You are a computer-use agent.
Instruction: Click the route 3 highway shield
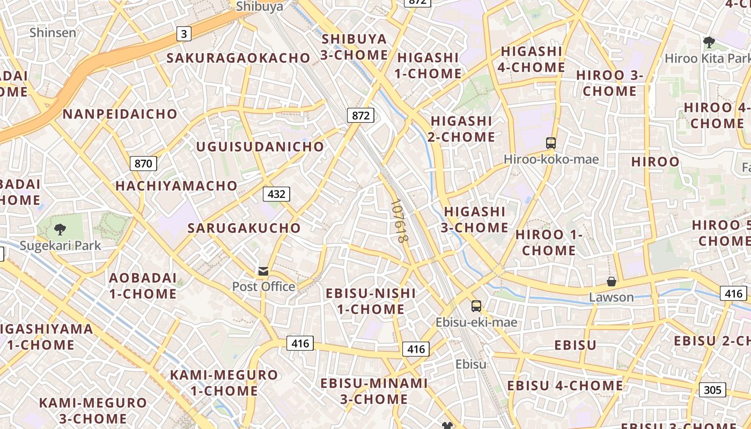[184, 34]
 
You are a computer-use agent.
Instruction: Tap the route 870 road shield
[143, 164]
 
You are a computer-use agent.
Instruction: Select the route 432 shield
[276, 194]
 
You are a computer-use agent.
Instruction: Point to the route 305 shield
[712, 390]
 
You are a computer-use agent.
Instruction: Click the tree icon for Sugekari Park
[60, 230]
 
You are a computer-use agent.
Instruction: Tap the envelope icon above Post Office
[263, 271]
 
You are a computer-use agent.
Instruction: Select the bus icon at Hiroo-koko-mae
[551, 143]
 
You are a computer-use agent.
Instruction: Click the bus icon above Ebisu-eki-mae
[476, 306]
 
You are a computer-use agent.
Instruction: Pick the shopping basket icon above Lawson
[611, 282]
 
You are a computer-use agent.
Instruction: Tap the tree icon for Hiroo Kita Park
[709, 42]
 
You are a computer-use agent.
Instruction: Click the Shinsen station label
[53, 33]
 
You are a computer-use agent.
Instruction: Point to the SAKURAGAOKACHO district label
[239, 58]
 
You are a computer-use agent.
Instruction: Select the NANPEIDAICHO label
[120, 114]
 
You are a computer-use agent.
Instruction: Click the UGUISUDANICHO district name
[260, 146]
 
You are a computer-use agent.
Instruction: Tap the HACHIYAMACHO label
[176, 186]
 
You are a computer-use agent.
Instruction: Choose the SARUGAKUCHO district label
[244, 228]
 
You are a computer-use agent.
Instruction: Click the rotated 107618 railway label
[399, 221]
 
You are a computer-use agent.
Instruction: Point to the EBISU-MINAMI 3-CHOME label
[374, 391]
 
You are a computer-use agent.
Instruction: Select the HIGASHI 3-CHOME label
[475, 219]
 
